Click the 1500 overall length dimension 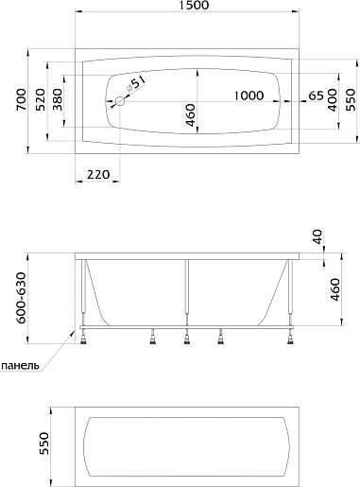[x=195, y=5]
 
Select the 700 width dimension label [x=21, y=99]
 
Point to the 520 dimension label [x=40, y=99]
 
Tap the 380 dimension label [x=58, y=99]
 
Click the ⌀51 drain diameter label [x=137, y=84]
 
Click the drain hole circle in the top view [x=120, y=101]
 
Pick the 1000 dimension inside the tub [x=249, y=96]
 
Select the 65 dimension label [x=316, y=96]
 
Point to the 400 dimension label [x=332, y=100]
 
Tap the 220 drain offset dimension [x=98, y=174]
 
